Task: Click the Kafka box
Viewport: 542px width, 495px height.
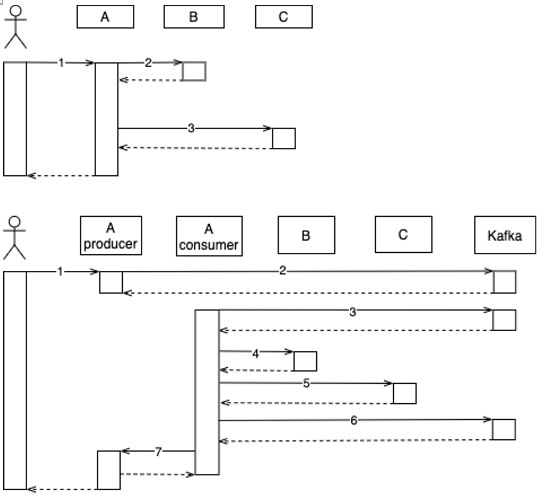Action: point(505,235)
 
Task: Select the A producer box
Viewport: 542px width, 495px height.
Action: point(111,235)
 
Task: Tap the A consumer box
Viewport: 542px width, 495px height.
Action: point(209,236)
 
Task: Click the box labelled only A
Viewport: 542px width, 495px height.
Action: point(105,17)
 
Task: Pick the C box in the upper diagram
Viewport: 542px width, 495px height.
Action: point(283,17)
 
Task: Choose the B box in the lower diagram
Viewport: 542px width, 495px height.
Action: point(306,235)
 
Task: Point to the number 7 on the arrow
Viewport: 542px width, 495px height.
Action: point(158,452)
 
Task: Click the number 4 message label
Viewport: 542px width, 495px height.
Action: point(255,353)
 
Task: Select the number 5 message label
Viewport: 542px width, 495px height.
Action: point(306,383)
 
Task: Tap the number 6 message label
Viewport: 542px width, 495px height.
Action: point(353,420)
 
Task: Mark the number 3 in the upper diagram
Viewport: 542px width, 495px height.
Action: point(191,128)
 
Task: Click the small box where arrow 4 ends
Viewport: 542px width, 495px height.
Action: point(305,361)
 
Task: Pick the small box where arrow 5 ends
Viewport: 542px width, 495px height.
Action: point(404,393)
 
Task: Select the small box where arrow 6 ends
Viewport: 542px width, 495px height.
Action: point(504,429)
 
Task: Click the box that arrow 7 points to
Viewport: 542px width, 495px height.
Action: point(109,470)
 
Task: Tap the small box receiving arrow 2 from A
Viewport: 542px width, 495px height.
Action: point(194,71)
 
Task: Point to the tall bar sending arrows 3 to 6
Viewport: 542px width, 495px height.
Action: point(207,392)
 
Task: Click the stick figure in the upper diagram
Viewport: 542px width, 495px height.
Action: point(15,27)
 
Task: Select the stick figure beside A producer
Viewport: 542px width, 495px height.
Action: point(14,238)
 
